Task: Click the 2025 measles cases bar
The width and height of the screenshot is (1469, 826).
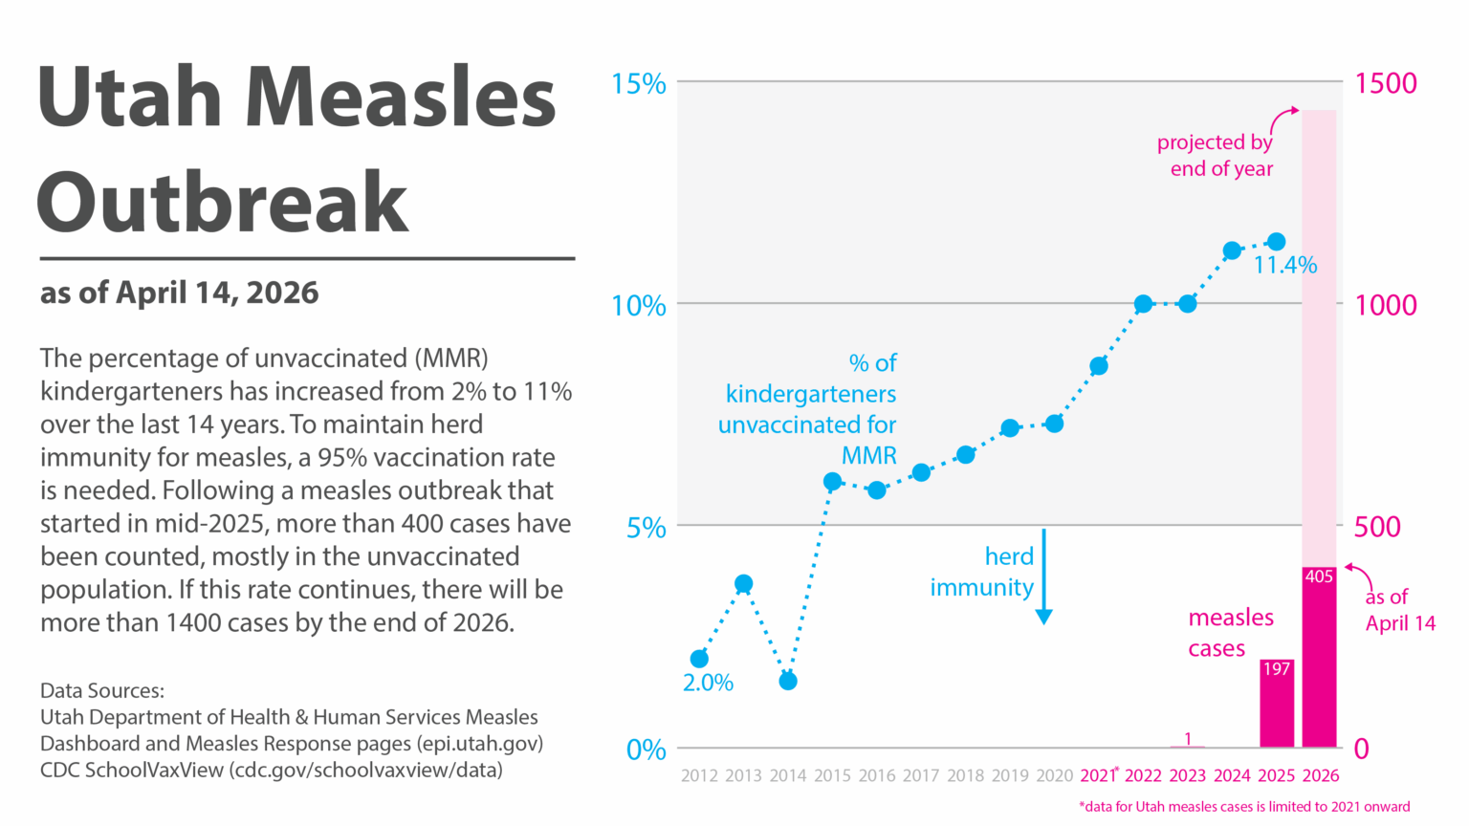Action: point(1276,707)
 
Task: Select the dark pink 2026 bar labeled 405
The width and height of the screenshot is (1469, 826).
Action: point(1319,660)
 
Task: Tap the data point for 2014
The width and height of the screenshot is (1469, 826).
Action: point(788,681)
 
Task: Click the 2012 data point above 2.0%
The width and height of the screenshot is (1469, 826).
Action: point(699,659)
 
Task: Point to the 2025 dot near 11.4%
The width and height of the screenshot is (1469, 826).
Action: point(1276,242)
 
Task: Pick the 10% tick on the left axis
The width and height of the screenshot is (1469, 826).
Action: point(638,306)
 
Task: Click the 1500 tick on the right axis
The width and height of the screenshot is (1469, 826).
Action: point(1386,83)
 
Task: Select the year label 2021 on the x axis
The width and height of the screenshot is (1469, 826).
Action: point(1097,775)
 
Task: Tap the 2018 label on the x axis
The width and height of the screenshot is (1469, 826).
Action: point(965,775)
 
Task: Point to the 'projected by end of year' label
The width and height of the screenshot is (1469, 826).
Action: point(1215,156)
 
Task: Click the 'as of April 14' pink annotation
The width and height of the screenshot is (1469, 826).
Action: point(1399,610)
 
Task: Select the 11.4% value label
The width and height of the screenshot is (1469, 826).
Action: point(1285,266)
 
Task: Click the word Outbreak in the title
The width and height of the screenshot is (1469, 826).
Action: point(223,202)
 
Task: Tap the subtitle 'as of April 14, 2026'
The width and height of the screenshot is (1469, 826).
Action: point(179,293)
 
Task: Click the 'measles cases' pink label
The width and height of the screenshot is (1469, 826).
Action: point(1230,633)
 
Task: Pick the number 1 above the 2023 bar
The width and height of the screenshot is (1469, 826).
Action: point(1188,738)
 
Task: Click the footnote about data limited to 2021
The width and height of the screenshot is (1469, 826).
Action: point(1244,806)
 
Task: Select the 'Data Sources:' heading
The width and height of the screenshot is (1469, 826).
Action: point(102,690)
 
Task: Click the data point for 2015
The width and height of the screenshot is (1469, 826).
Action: point(832,481)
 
